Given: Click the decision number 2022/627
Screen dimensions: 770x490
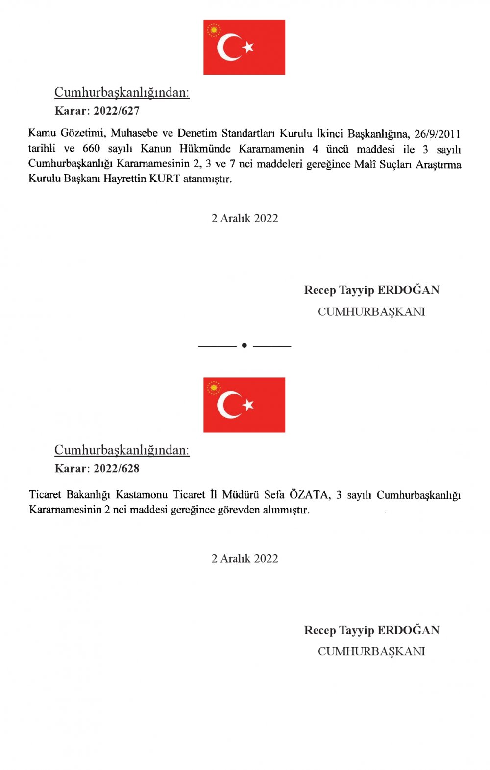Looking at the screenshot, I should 117,111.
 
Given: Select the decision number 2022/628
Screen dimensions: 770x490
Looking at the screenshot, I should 117,468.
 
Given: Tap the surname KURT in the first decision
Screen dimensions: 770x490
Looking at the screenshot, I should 165,179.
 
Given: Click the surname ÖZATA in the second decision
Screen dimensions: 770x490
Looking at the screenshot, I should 309,495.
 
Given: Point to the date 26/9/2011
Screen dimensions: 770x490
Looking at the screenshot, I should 437,134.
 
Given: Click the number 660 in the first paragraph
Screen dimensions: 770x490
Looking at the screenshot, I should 91,149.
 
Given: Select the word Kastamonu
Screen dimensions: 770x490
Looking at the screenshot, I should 142,495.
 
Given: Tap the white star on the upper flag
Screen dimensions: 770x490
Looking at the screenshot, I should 248,47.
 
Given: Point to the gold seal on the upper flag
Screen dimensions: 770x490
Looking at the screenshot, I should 214,30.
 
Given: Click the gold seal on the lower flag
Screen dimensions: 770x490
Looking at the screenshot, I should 214,388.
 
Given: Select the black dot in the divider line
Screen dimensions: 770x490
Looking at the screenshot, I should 245,345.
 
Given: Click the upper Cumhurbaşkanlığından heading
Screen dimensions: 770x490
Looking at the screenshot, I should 122,92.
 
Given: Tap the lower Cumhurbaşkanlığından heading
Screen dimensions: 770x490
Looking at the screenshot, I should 122,450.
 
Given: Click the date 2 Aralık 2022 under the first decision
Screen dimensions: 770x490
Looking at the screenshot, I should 245,218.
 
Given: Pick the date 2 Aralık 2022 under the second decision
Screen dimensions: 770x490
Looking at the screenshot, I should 245,558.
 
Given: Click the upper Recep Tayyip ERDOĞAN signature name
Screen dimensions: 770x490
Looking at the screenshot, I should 371,290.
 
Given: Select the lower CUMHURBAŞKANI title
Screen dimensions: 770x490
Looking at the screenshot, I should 371,651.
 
